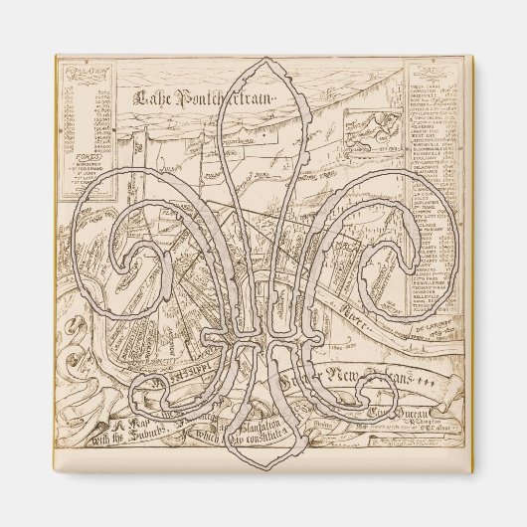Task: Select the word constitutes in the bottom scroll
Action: [x=265, y=430]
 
